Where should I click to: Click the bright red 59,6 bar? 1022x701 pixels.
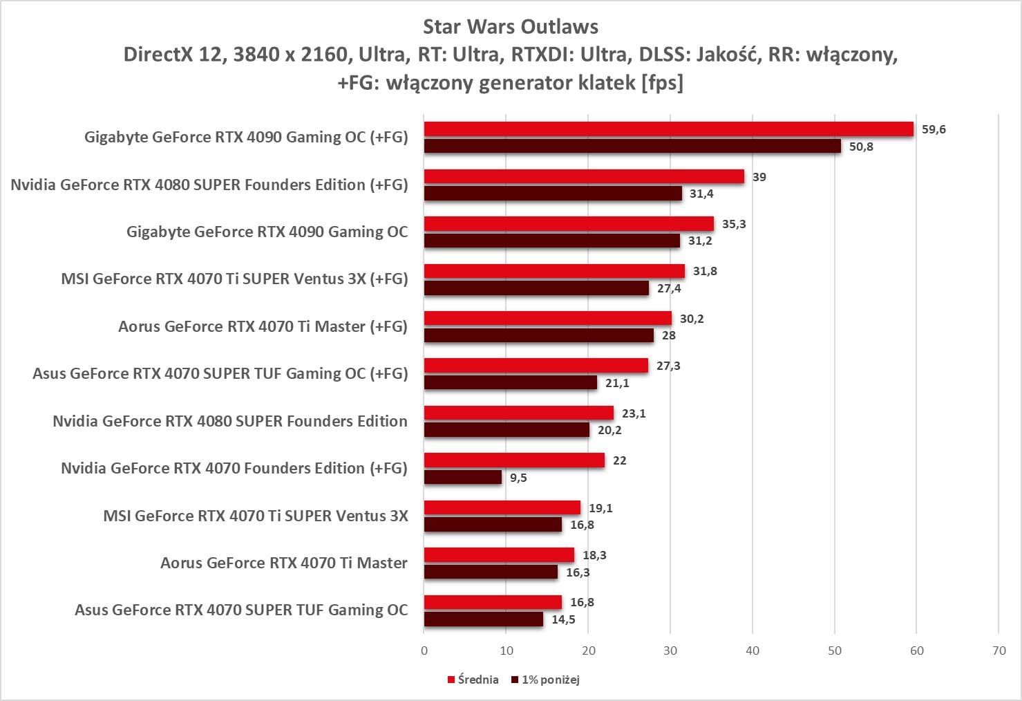tap(668, 129)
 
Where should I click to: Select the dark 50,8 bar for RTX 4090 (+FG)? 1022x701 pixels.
tap(632, 146)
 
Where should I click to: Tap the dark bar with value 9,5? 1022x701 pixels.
tap(462, 477)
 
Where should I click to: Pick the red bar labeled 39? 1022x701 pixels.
tap(584, 176)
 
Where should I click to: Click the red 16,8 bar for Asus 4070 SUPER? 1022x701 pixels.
tap(493, 602)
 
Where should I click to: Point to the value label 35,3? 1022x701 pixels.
tap(734, 224)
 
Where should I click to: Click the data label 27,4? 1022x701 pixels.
tap(669, 288)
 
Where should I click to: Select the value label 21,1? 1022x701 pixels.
tap(617, 383)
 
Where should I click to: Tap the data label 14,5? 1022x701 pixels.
tap(563, 619)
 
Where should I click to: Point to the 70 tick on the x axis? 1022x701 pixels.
tap(999, 651)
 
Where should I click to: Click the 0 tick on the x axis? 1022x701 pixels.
tap(424, 651)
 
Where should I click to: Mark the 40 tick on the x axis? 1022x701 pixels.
tap(753, 651)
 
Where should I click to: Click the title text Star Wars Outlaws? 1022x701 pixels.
tap(511, 27)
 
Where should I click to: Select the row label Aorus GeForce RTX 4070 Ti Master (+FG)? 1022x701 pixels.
tap(263, 326)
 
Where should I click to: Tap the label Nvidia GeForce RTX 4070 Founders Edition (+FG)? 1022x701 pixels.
tap(234, 468)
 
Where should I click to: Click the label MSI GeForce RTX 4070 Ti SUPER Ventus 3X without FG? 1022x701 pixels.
tap(255, 516)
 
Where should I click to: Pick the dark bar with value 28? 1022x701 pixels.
tap(538, 335)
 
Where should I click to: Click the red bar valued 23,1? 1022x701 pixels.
tap(518, 413)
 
